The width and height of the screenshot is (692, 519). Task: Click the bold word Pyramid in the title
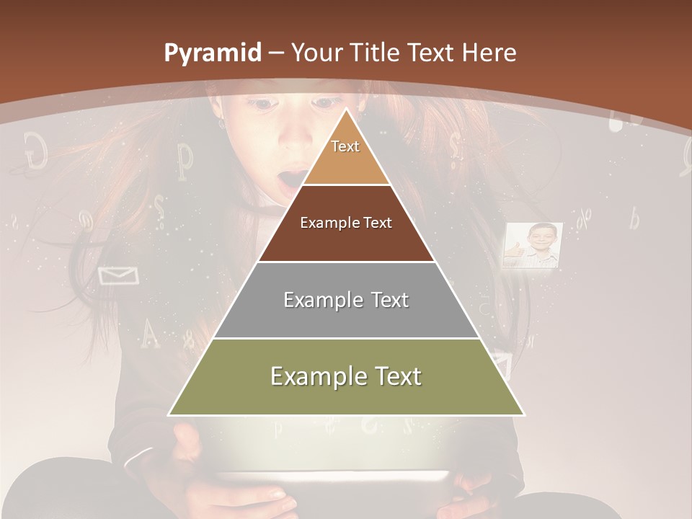pos(212,53)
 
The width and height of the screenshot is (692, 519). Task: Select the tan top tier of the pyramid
pos(346,155)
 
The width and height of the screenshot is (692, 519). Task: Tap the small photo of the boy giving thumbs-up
pos(533,245)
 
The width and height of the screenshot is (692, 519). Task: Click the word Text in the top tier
pos(345,146)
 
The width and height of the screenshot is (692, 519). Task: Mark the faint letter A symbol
pos(149,332)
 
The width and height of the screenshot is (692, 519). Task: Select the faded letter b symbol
pos(634,218)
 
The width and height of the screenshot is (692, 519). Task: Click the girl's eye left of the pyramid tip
pos(265,105)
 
